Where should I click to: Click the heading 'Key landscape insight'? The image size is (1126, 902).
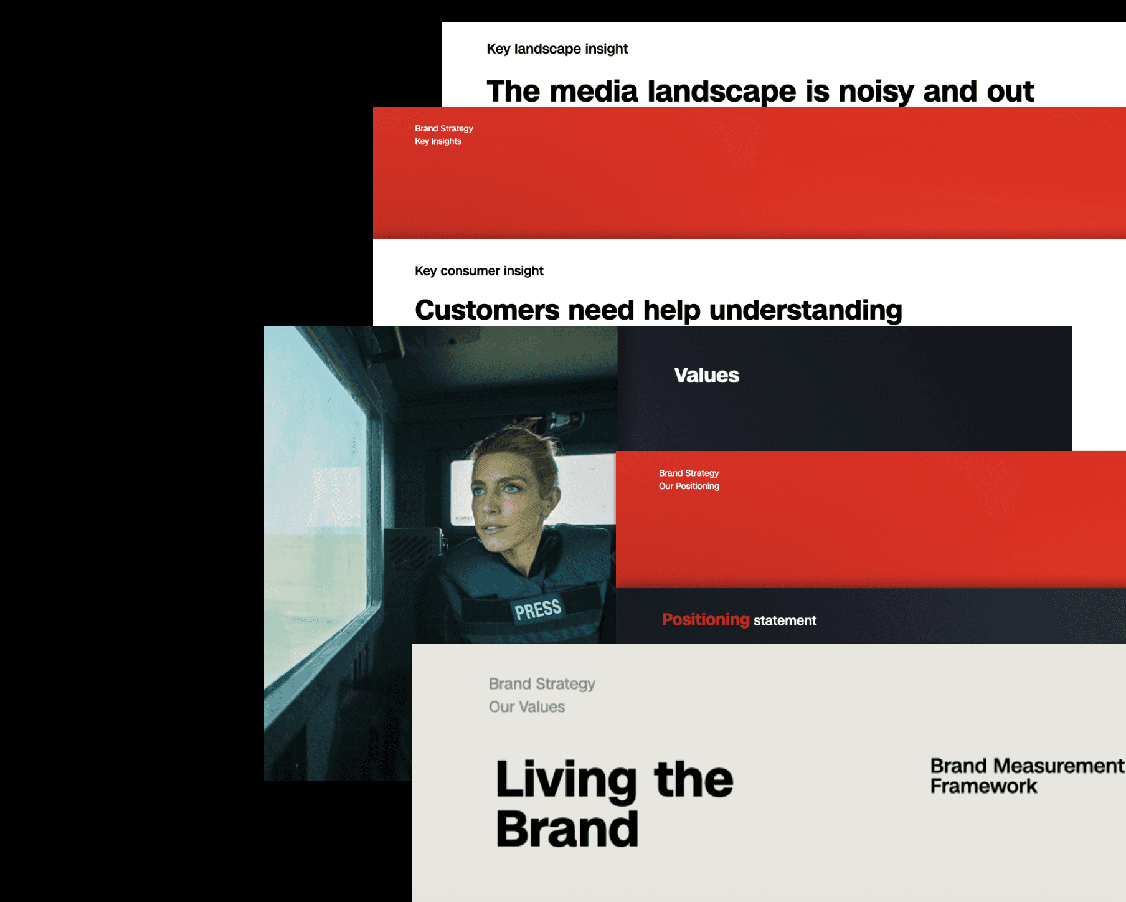tap(557, 49)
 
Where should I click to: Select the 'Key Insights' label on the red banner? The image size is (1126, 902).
tap(438, 141)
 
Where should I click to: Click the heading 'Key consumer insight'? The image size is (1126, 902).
tap(479, 271)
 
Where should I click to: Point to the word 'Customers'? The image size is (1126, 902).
tap(487, 310)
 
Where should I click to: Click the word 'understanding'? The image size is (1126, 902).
tap(805, 311)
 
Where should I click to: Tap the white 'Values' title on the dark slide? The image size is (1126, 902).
tap(706, 375)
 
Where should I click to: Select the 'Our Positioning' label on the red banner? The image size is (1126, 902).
tap(689, 486)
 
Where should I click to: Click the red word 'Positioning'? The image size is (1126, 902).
tap(706, 620)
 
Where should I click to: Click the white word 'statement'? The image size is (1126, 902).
tap(785, 620)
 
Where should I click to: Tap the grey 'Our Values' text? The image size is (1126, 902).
tap(527, 707)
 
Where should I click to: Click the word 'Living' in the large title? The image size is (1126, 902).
tap(566, 780)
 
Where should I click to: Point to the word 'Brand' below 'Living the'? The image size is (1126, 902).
tap(567, 829)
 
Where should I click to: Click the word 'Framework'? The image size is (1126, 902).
tap(983, 786)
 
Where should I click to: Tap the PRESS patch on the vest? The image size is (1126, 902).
tap(537, 609)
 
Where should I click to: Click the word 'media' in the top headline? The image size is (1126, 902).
tap(594, 92)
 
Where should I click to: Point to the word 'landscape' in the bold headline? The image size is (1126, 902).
tap(722, 92)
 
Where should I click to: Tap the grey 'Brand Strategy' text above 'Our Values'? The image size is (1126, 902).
tap(542, 684)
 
